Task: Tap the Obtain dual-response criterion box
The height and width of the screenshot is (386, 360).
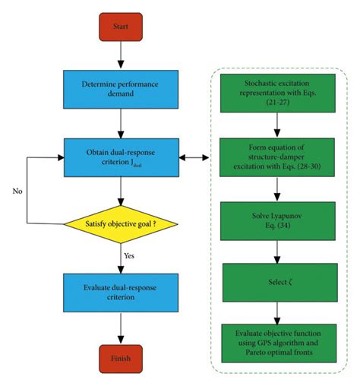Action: (121, 157)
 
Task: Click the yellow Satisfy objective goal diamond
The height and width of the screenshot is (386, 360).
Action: (121, 223)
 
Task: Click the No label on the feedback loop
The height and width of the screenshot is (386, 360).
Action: (17, 191)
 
